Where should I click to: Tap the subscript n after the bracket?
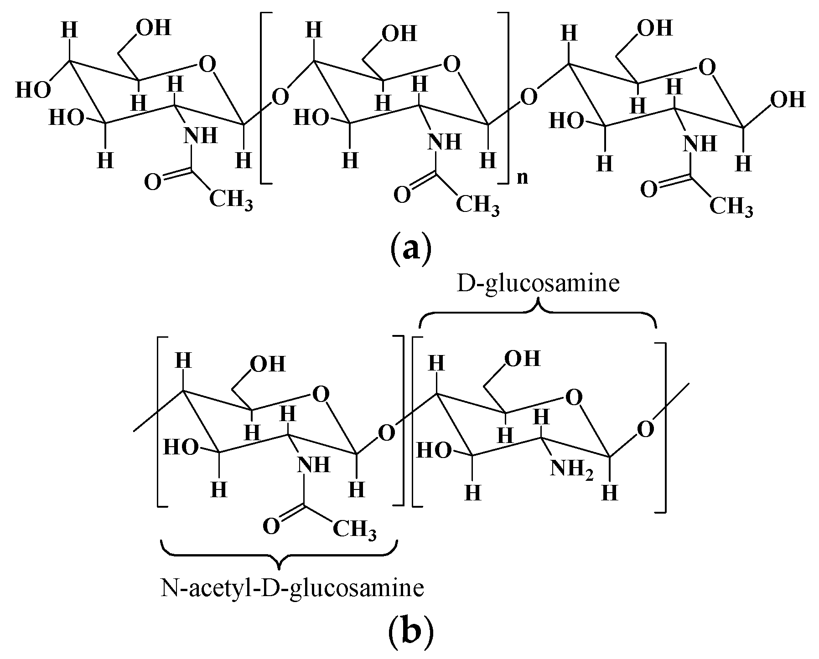point(522,177)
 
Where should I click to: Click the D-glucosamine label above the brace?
point(538,283)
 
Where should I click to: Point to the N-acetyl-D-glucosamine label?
point(292,587)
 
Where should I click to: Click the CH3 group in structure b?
point(355,530)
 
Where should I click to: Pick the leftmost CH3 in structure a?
point(231,201)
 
